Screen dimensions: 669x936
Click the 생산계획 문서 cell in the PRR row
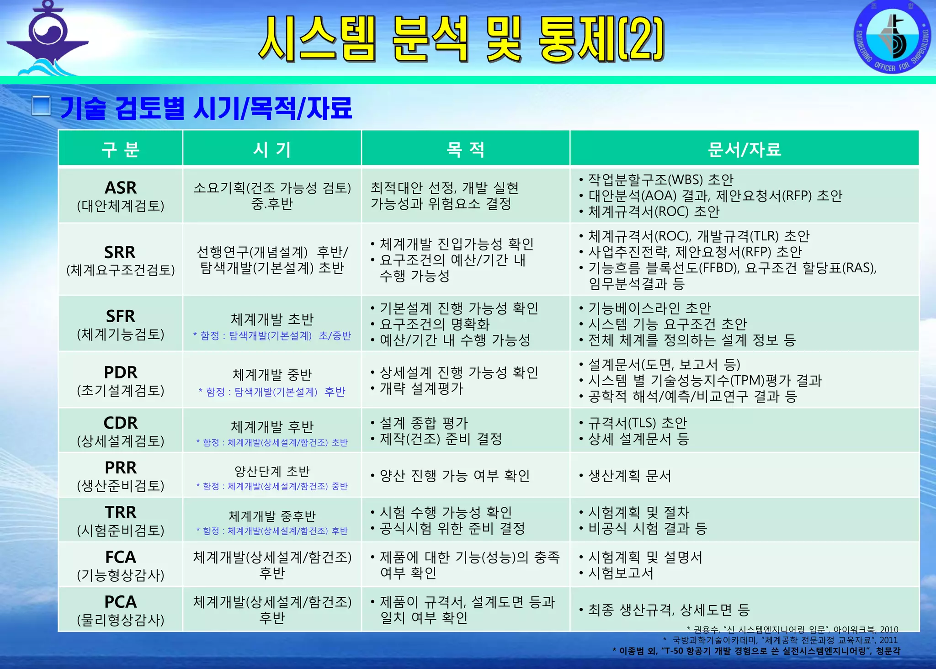coord(629,476)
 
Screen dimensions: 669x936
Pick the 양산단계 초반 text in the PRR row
coord(272,471)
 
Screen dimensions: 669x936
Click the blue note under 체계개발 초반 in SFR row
coord(272,336)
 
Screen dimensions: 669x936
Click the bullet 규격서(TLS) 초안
coord(637,423)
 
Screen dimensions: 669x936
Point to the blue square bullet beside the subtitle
coord(41,106)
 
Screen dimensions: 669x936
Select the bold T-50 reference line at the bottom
coord(756,651)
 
